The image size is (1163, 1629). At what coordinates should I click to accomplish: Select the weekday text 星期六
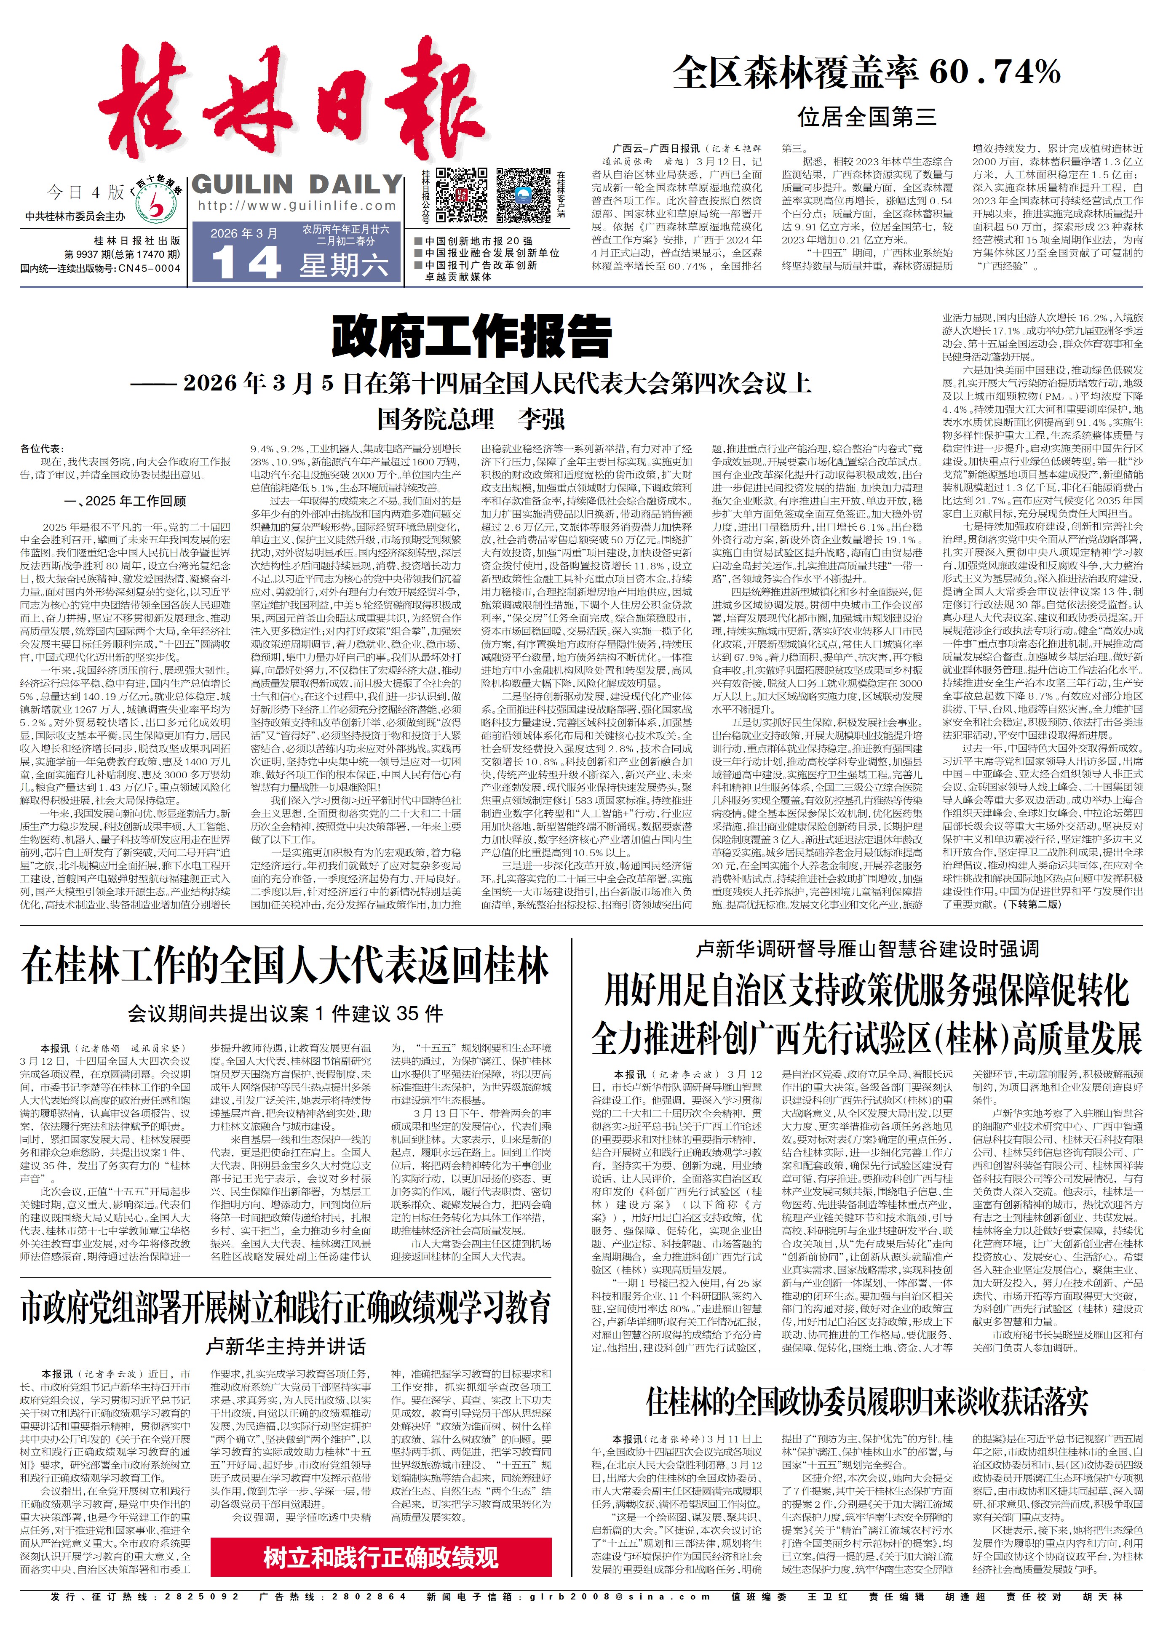[344, 266]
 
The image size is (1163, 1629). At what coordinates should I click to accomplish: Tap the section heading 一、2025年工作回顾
[126, 500]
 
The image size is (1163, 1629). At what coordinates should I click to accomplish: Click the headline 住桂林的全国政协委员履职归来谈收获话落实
[866, 1401]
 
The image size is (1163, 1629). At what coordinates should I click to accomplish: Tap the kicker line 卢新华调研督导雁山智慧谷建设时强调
[866, 949]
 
